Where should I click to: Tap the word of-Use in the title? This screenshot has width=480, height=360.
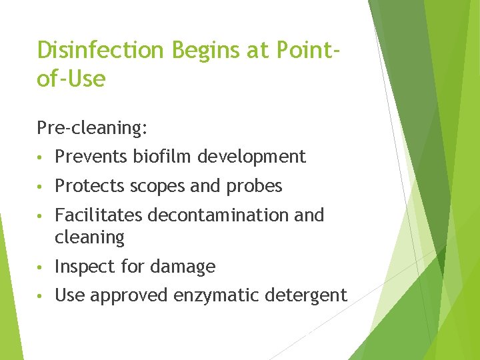tap(71, 79)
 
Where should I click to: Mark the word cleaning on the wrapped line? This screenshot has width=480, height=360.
tap(89, 237)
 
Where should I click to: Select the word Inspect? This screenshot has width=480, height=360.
tap(83, 267)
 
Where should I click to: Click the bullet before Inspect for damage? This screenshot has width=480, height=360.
tap(41, 267)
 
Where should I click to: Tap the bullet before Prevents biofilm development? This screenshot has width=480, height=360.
tap(41, 157)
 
